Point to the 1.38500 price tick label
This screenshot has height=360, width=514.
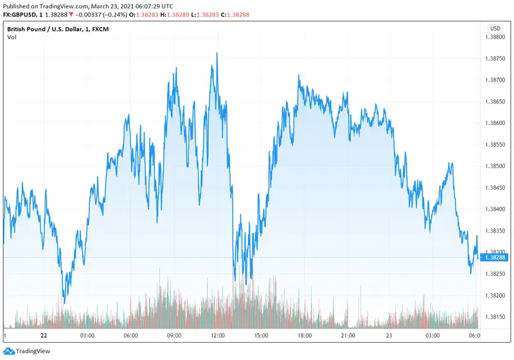pos(495,166)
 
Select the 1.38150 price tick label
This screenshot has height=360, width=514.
pos(495,317)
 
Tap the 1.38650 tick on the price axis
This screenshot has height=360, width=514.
pos(495,102)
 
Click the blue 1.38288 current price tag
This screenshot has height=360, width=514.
pos(495,257)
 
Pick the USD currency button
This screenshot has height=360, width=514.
pos(495,28)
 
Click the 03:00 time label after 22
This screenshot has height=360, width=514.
pos(87,336)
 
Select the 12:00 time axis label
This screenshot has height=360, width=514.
pos(218,336)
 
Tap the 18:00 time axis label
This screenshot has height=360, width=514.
pos(305,336)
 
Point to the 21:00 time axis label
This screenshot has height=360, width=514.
pos(348,336)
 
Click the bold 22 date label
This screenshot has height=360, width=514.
pos(44,336)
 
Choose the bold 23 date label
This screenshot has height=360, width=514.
pos(391,336)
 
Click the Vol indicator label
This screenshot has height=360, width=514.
pos(12,38)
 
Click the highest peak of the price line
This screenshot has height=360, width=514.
pos(217,53)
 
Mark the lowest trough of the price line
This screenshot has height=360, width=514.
pos(64,303)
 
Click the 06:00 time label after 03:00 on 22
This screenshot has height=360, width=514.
pos(131,336)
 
